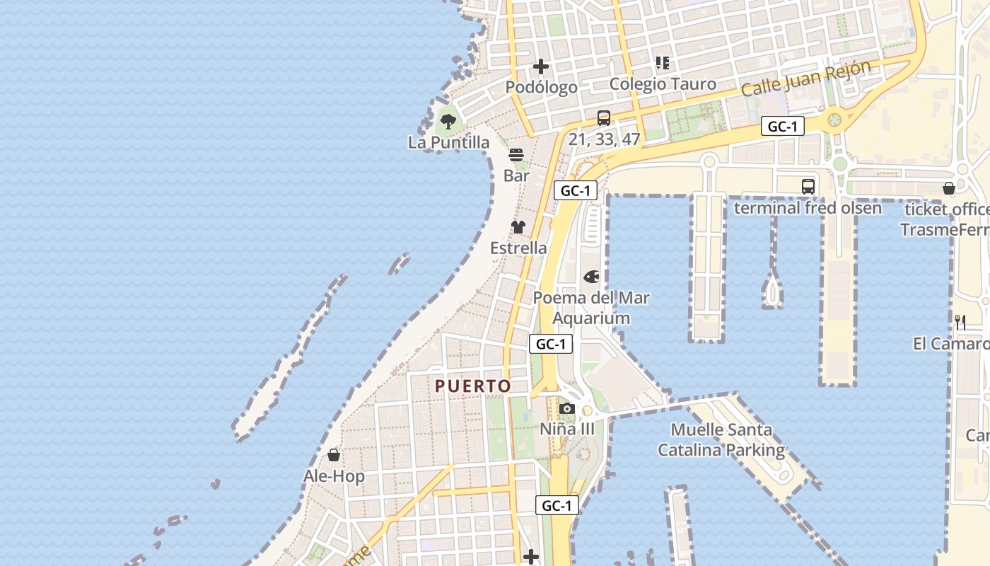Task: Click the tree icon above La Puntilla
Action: tap(448, 122)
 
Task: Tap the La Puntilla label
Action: tap(448, 143)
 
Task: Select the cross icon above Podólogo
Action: tap(541, 67)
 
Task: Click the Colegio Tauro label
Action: tap(663, 84)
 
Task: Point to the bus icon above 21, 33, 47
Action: tap(603, 118)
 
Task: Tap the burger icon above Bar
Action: tap(516, 155)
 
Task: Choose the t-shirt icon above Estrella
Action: tap(518, 227)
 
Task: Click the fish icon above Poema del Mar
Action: tap(591, 277)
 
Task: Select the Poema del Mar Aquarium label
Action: tap(591, 308)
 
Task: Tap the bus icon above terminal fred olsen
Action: tap(808, 187)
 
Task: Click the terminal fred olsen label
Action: tap(808, 208)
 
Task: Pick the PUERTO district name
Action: tap(473, 386)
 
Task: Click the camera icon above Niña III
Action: tap(566, 408)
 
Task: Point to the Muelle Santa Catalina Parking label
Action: tap(721, 439)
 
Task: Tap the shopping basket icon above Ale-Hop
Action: tap(334, 455)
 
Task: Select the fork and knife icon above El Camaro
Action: tap(960, 323)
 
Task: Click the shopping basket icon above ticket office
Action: tap(949, 188)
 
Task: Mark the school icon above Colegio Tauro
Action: tap(663, 63)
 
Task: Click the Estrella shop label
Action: tap(518, 248)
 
